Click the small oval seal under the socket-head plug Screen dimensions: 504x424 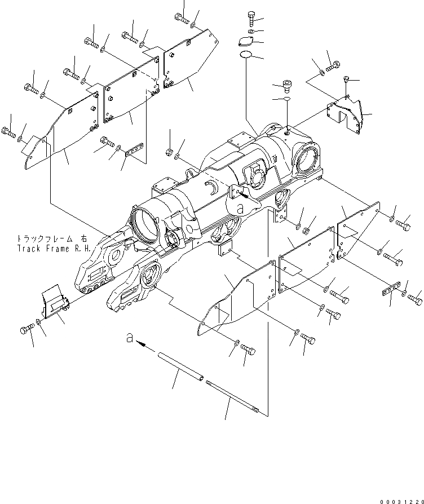click(x=286, y=98)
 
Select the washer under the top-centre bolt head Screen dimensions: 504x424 click(x=251, y=30)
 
